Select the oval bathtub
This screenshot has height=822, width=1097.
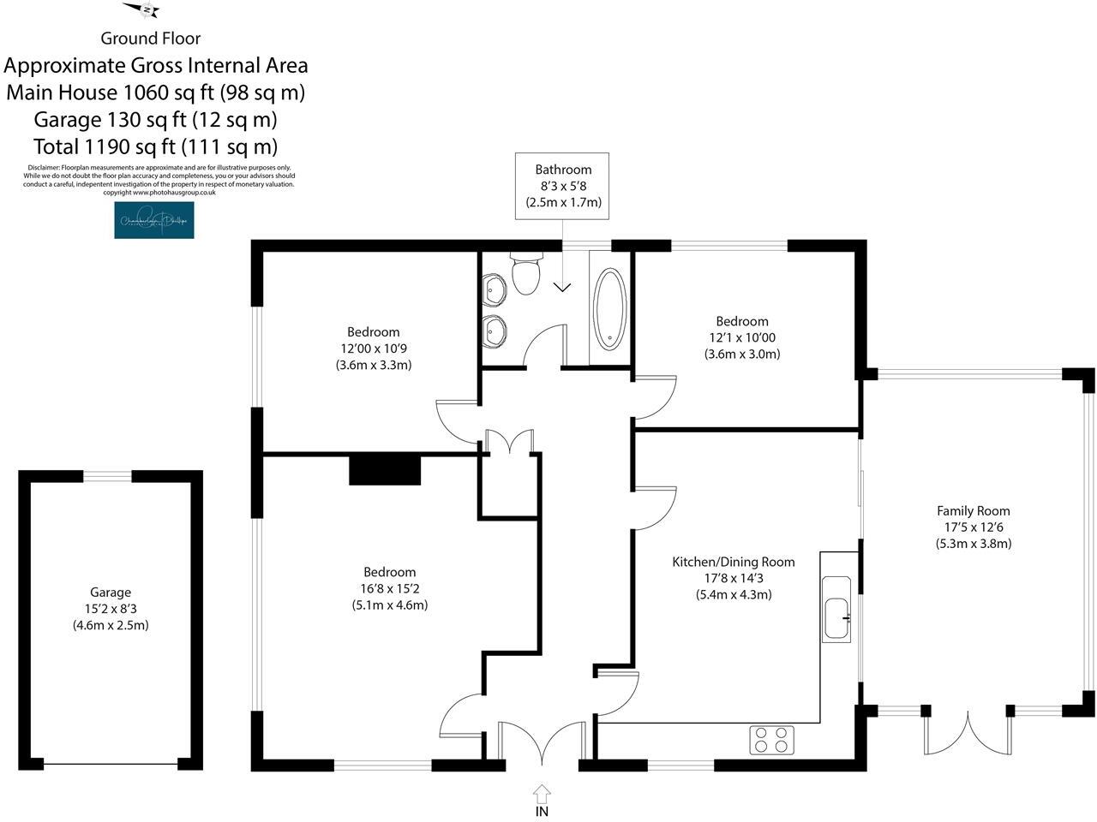pyautogui.click(x=609, y=309)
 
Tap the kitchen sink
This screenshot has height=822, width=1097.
pyautogui.click(x=836, y=610)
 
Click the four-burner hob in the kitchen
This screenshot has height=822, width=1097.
pyautogui.click(x=771, y=740)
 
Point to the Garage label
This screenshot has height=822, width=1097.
pyautogui.click(x=111, y=593)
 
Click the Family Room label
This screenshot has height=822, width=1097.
pyautogui.click(x=973, y=511)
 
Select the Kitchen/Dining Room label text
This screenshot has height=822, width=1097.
pyautogui.click(x=733, y=563)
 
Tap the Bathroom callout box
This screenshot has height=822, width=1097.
pyautogui.click(x=563, y=186)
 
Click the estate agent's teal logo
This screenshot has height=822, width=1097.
pyautogui.click(x=154, y=221)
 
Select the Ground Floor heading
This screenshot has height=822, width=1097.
pyautogui.click(x=151, y=39)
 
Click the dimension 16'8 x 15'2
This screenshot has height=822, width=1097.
pyautogui.click(x=390, y=589)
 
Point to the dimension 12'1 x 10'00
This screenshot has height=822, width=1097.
pyautogui.click(x=742, y=338)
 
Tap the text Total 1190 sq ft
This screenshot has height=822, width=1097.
pyautogui.click(x=155, y=146)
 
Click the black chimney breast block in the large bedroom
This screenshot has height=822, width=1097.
pyautogui.click(x=385, y=470)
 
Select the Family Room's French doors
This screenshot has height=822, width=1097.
pyautogui.click(x=967, y=730)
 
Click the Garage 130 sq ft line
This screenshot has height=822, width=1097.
pyautogui.click(x=155, y=119)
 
